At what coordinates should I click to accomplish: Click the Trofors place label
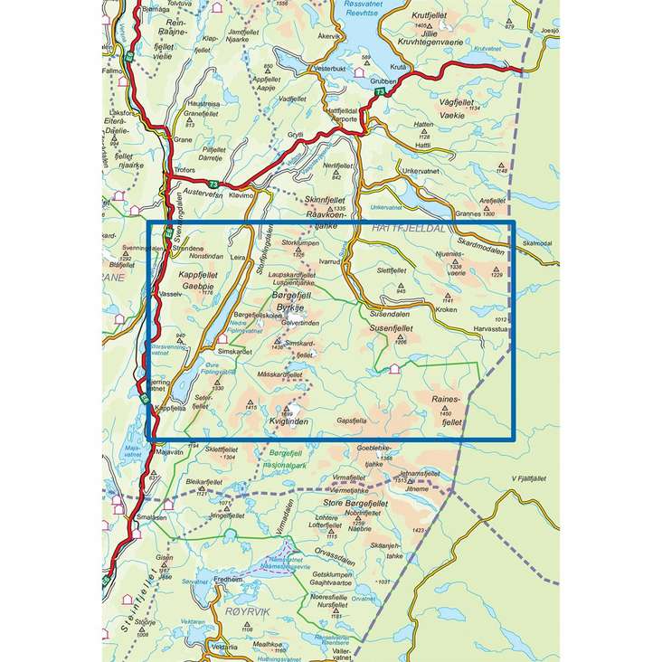(182, 169)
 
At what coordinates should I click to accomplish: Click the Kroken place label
(446, 309)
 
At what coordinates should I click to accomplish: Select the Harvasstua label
(490, 329)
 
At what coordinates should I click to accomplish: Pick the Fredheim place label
(228, 579)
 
